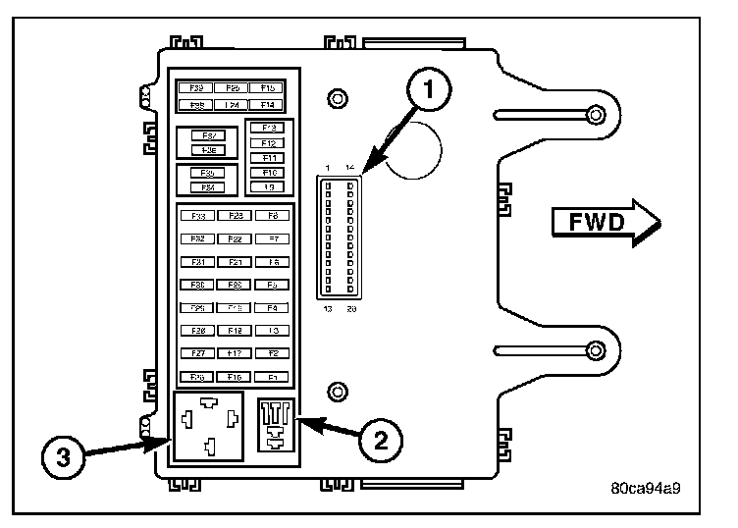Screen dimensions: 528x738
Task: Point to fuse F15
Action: point(266,88)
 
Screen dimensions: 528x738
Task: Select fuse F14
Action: point(266,104)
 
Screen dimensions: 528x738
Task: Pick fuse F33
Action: point(197,215)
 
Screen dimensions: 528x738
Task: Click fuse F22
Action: point(235,238)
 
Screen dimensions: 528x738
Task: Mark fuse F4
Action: point(272,307)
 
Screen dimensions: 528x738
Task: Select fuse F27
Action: point(197,353)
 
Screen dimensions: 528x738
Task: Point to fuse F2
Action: point(272,353)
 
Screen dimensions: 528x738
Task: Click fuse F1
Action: point(272,376)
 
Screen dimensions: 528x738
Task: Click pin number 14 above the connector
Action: point(350,168)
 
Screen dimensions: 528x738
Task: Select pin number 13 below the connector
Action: point(328,309)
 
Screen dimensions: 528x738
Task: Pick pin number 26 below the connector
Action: point(350,309)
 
